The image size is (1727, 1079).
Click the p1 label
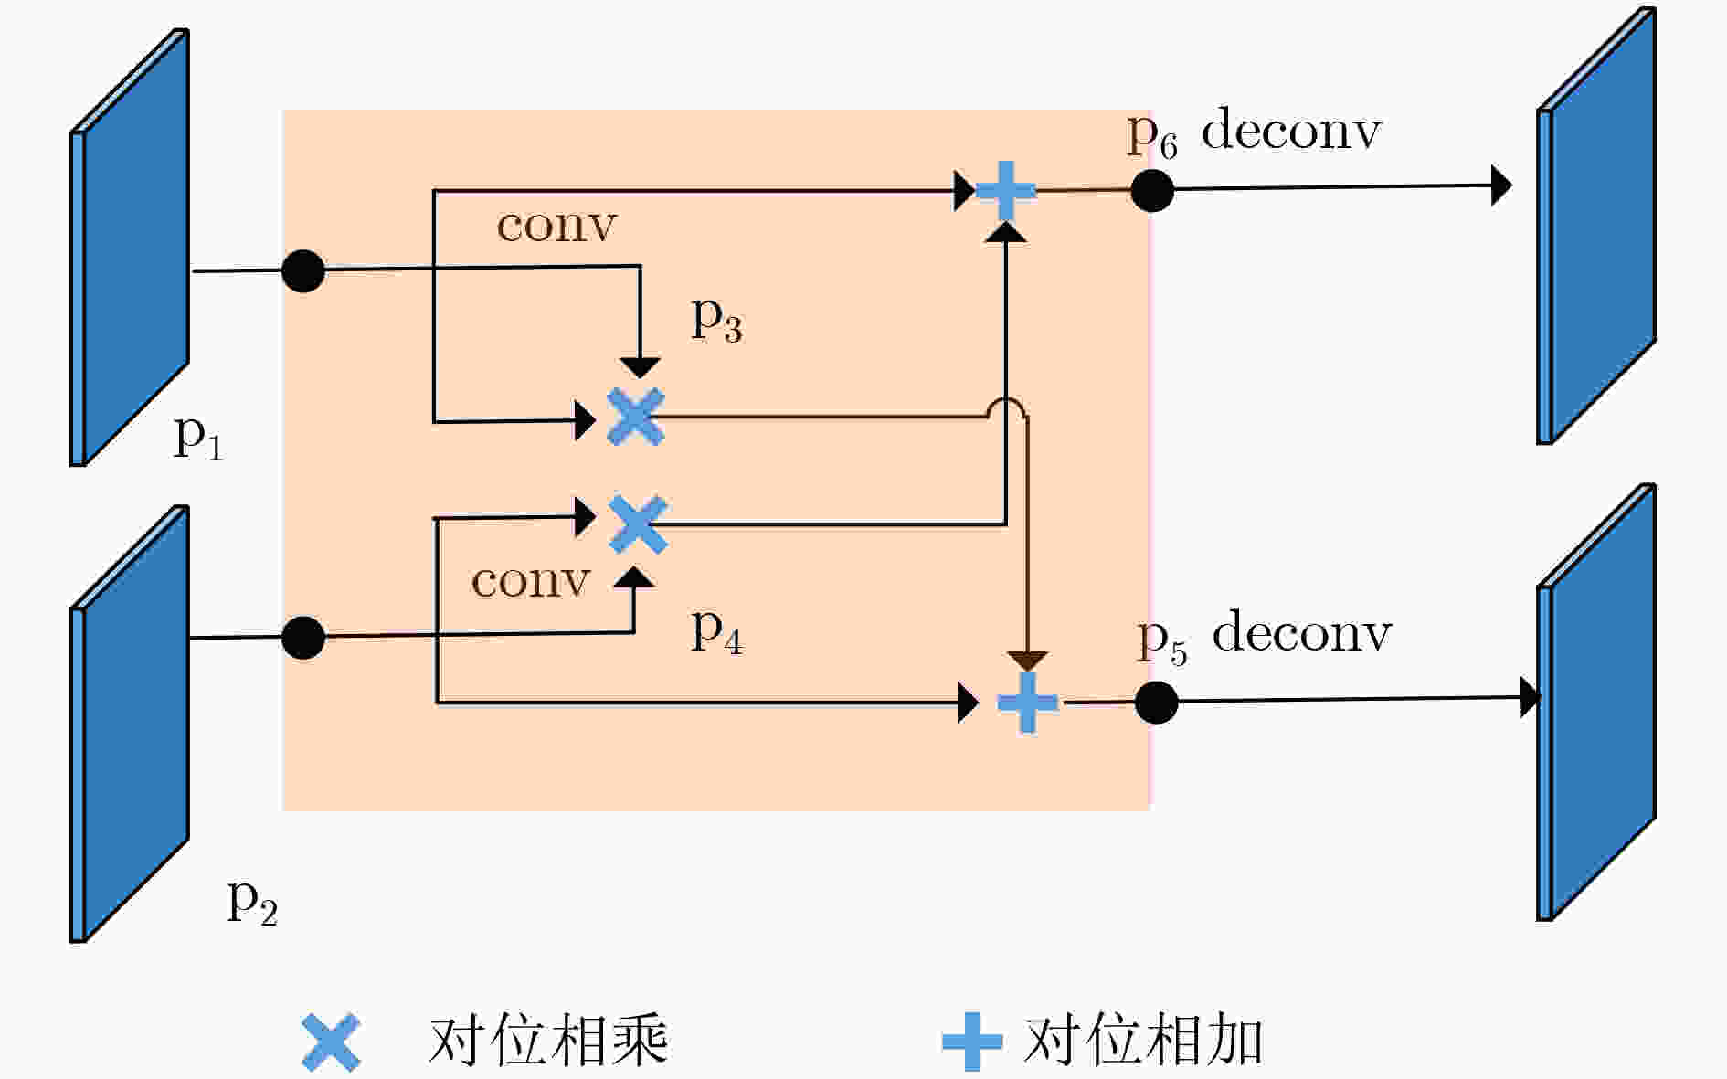pyautogui.click(x=198, y=439)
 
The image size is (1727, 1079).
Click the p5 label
pyautogui.click(x=1162, y=642)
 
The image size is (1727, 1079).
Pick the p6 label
pyautogui.click(x=1152, y=136)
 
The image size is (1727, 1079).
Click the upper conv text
pyautogui.click(x=556, y=225)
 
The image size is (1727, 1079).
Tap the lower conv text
pyautogui.click(x=531, y=581)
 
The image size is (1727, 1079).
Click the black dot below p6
pyautogui.click(x=1152, y=190)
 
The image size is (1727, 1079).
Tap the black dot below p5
pyautogui.click(x=1157, y=703)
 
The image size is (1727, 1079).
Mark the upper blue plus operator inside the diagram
pyautogui.click(x=1006, y=191)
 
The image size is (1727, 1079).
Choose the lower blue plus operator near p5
pyautogui.click(x=1027, y=703)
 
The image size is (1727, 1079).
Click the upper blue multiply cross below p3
pyautogui.click(x=636, y=418)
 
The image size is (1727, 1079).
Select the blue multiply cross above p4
pyautogui.click(x=638, y=524)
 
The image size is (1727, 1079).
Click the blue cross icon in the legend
pyautogui.click(x=332, y=1042)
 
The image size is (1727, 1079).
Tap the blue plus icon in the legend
pyautogui.click(x=972, y=1042)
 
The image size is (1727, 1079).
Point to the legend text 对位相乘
pyautogui.click(x=548, y=1042)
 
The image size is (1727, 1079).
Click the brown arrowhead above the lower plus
pyautogui.click(x=1028, y=662)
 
